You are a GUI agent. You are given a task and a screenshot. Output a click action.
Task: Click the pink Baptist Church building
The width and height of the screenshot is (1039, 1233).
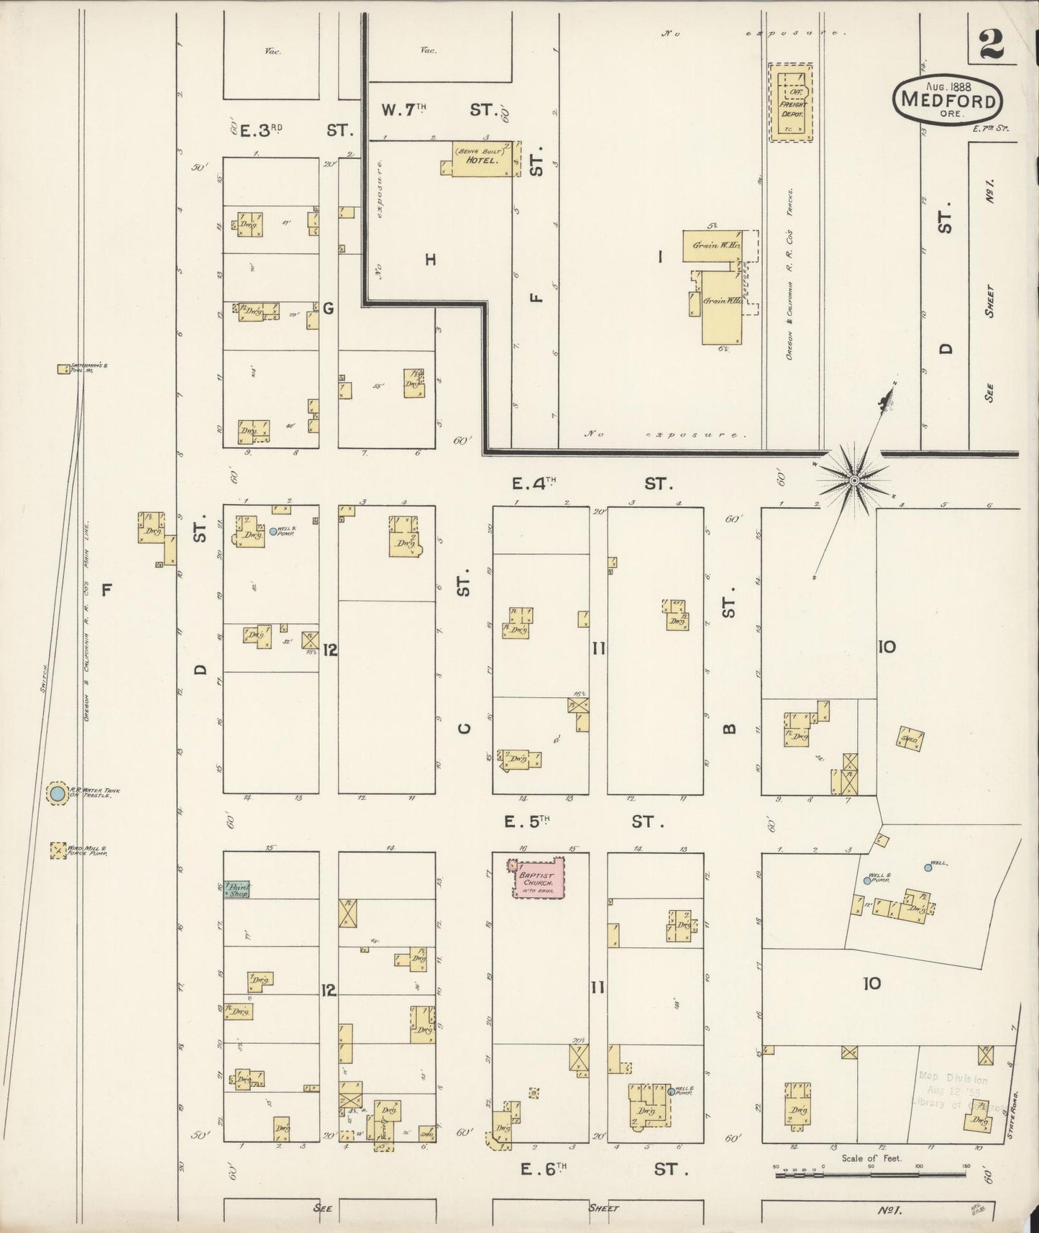539,877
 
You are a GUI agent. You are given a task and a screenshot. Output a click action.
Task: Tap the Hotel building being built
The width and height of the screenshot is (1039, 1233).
482,158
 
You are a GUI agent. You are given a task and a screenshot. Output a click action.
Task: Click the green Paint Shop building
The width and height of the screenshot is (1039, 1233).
237,890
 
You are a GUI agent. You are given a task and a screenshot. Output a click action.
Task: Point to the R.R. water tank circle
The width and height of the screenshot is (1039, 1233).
56,794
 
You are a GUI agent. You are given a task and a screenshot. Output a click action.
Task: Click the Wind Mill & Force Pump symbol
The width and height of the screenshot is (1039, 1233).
56,850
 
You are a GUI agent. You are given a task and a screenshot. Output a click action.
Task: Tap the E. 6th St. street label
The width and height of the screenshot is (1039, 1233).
597,1169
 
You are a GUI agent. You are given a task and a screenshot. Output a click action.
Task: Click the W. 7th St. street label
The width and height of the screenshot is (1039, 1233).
439,110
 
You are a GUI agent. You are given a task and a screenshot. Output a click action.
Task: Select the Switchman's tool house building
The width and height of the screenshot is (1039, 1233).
65,369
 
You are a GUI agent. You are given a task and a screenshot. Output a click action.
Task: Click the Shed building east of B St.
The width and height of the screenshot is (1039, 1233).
910,740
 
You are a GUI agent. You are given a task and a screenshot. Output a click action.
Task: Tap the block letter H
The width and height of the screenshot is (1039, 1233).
430,260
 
